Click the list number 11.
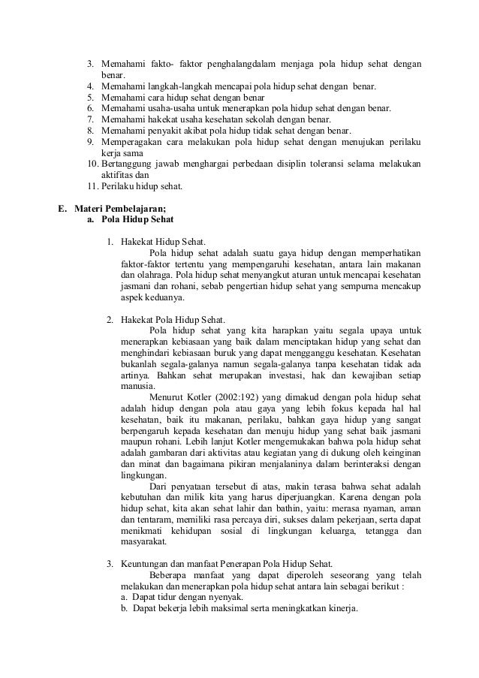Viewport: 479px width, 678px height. (93, 186)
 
